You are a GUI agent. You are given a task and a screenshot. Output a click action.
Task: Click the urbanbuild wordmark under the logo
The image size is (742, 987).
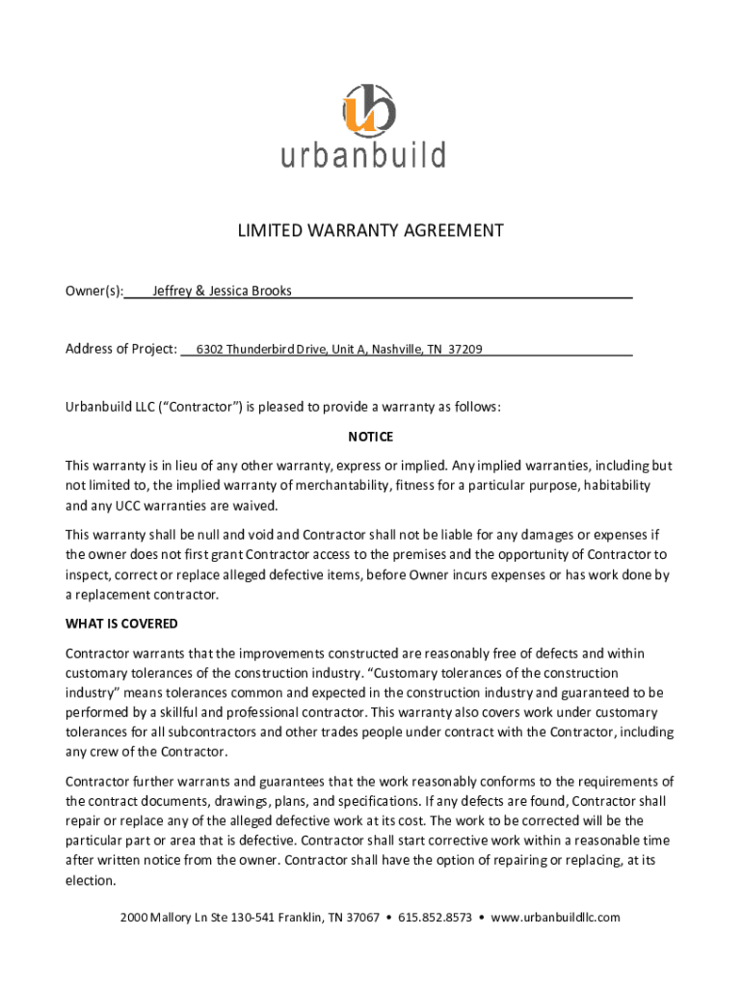363,155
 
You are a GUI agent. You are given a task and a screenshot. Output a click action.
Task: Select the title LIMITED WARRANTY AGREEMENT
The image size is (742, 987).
371,231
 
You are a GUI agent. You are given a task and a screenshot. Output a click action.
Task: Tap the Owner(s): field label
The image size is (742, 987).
94,291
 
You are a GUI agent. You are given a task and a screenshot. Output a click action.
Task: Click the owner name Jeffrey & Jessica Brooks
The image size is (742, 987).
222,291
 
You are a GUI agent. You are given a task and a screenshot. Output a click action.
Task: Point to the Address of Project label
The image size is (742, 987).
121,349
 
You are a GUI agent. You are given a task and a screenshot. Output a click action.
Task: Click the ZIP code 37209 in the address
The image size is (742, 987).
465,349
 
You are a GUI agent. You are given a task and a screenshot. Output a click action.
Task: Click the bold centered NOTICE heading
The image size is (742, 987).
371,438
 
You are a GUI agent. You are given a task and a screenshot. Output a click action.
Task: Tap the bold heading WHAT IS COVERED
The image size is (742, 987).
121,625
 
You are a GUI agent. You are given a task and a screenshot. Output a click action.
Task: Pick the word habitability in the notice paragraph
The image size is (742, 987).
613,486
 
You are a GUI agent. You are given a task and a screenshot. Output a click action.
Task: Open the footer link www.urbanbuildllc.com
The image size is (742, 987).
555,918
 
